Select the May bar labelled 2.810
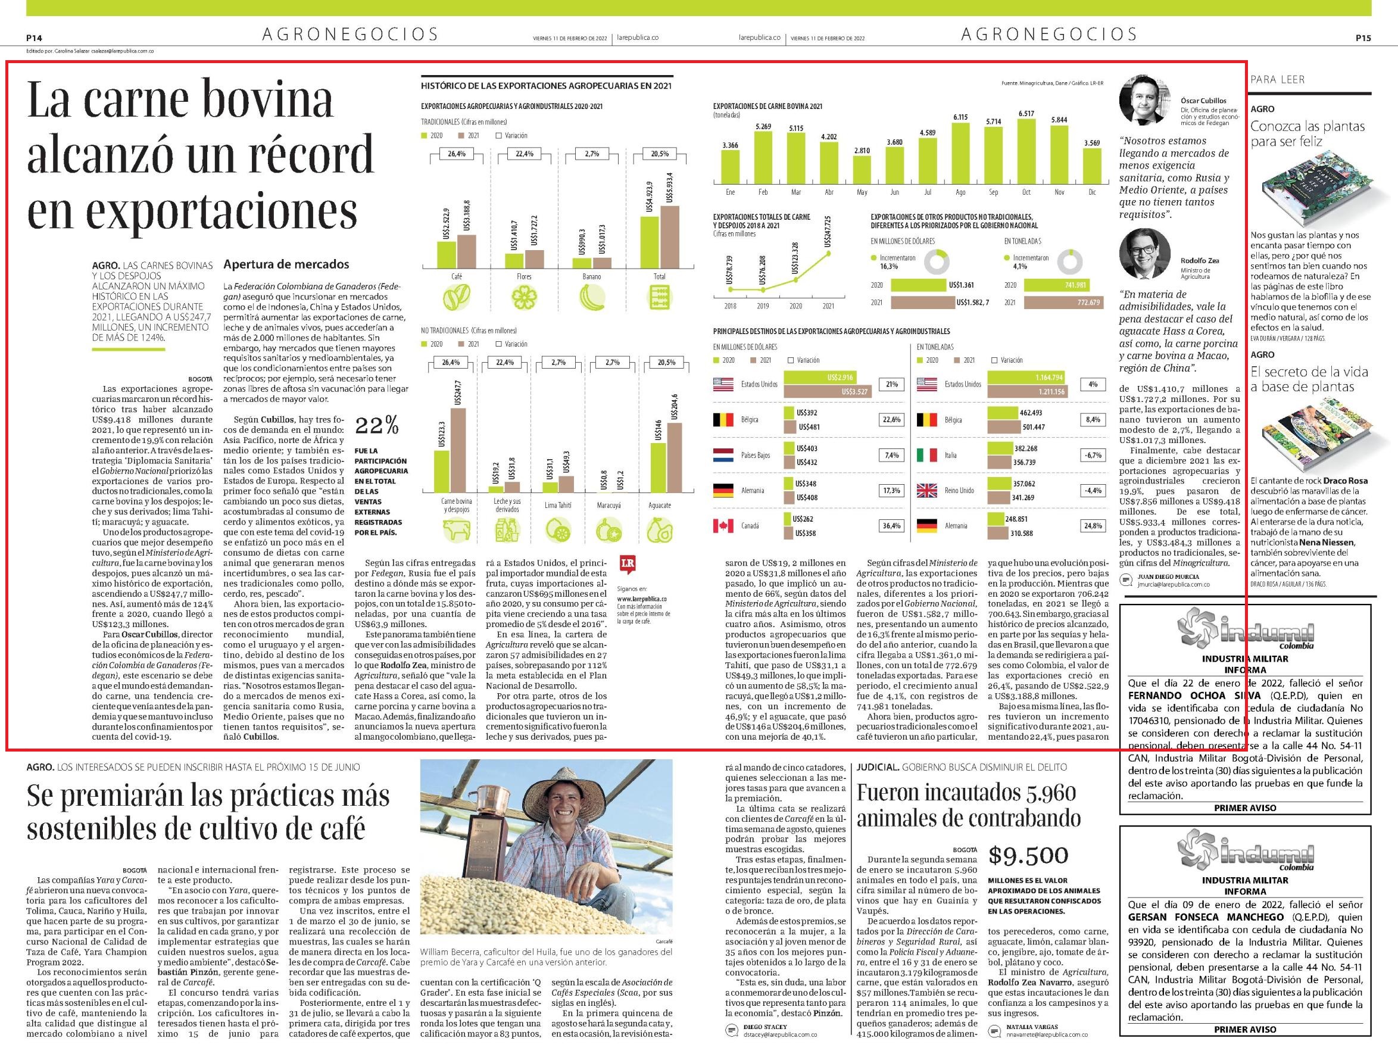(x=862, y=170)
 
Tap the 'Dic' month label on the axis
(x=1092, y=192)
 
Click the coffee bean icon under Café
(x=456, y=297)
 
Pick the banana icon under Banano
(x=591, y=297)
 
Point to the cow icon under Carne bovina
(x=456, y=530)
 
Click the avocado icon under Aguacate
(x=660, y=530)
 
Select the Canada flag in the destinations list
(x=723, y=526)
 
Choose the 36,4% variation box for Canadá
(x=891, y=526)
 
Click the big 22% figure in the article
(x=377, y=426)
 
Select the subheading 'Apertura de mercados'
(x=286, y=264)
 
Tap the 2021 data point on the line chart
(x=828, y=254)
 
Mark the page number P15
(x=1363, y=38)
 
